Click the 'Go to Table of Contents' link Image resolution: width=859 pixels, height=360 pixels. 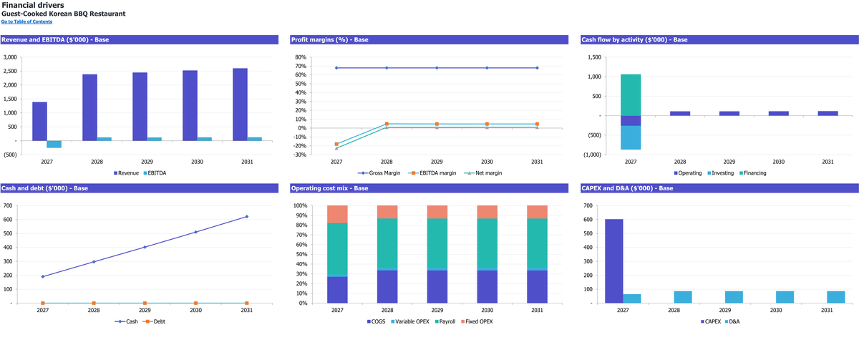26,21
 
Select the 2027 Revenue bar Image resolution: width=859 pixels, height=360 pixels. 39,121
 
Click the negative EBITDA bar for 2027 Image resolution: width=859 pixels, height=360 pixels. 54,144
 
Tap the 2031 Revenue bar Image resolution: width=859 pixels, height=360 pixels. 240,104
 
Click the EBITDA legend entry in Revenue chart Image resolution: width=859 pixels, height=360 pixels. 155,173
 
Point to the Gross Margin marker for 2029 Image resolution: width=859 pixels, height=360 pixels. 437,68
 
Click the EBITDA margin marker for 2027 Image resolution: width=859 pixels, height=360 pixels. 336,144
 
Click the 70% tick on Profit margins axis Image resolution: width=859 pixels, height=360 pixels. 301,66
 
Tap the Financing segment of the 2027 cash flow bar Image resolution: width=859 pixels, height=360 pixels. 631,95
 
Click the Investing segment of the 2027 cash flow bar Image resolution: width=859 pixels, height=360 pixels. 631,137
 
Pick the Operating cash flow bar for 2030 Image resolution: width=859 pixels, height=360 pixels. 779,114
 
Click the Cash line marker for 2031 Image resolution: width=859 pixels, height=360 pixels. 246,217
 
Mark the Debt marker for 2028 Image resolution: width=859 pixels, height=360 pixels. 94,303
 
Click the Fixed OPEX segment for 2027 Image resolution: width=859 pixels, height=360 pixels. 337,214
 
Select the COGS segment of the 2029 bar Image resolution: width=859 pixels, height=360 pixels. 437,287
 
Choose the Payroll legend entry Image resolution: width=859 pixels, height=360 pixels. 445,321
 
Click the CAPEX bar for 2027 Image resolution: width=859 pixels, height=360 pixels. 614,261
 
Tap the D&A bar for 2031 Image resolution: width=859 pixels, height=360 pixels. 835,297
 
